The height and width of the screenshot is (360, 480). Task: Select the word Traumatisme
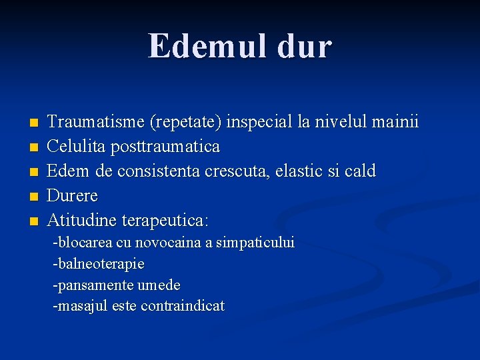click(x=97, y=122)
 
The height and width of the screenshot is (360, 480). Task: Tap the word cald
click(x=360, y=171)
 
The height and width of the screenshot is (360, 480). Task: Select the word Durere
click(x=73, y=196)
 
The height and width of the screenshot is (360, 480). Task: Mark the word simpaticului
click(x=255, y=243)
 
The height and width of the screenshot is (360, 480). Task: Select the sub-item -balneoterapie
click(x=99, y=264)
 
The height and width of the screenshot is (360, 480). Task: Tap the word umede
click(x=159, y=285)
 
